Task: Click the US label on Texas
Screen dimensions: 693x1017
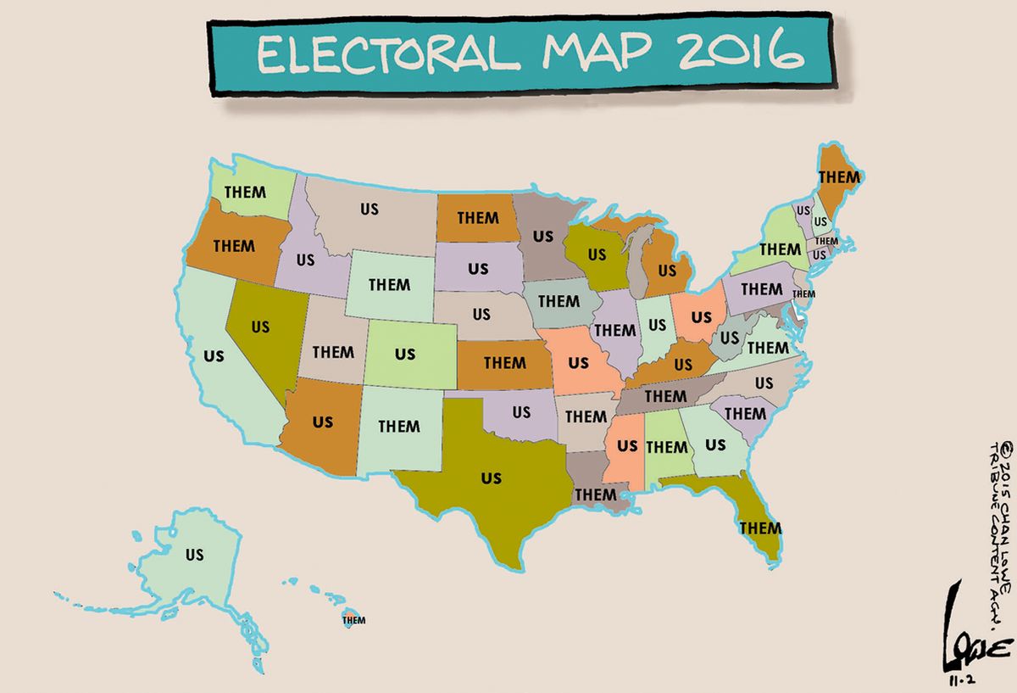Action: point(491,478)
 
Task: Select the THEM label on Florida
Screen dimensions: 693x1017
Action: point(760,528)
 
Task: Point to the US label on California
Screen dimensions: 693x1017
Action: point(214,355)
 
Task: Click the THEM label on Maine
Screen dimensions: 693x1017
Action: point(839,177)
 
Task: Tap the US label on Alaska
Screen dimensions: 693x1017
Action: point(194,556)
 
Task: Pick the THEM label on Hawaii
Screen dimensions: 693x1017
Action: point(353,619)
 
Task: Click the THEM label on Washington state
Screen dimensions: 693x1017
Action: point(245,192)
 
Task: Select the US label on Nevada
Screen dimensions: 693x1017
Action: point(260,326)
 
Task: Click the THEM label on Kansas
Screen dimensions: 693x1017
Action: point(505,362)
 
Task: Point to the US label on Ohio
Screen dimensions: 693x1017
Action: point(702,316)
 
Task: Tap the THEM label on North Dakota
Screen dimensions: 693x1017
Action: point(478,217)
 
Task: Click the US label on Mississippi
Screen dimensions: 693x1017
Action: point(627,444)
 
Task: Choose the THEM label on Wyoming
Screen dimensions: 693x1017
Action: point(390,284)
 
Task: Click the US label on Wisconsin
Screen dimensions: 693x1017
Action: point(597,253)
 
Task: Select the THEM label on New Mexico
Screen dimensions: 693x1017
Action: point(399,426)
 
